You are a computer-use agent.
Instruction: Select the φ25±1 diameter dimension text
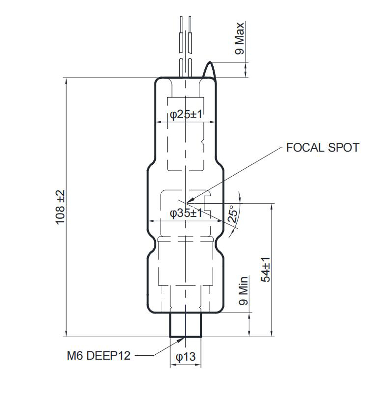[186, 114]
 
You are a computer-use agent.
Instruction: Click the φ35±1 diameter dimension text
[186, 213]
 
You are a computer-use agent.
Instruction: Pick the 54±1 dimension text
[266, 269]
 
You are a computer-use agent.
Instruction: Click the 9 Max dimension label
[239, 38]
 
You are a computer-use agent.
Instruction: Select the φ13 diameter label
[186, 358]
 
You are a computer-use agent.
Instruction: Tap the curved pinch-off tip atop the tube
[210, 69]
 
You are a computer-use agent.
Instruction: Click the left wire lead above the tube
[182, 44]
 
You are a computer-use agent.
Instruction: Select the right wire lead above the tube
[190, 44]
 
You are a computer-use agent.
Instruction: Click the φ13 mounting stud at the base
[186, 324]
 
